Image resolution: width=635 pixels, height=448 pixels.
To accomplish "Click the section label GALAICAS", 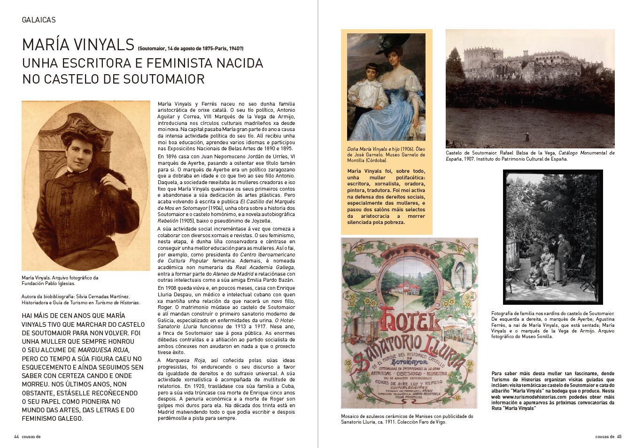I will point(39,20).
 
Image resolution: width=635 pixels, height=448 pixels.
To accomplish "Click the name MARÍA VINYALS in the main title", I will point(78,45).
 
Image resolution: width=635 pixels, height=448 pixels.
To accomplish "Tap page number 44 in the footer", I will point(16,436).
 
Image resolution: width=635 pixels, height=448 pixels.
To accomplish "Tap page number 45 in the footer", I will point(619,436).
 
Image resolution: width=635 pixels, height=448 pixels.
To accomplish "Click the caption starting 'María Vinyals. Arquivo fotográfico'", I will point(60,280).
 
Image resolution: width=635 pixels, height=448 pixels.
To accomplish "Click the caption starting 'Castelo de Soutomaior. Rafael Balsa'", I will point(530,156).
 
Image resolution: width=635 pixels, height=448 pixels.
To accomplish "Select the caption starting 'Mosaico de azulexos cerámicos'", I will point(407,419).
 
